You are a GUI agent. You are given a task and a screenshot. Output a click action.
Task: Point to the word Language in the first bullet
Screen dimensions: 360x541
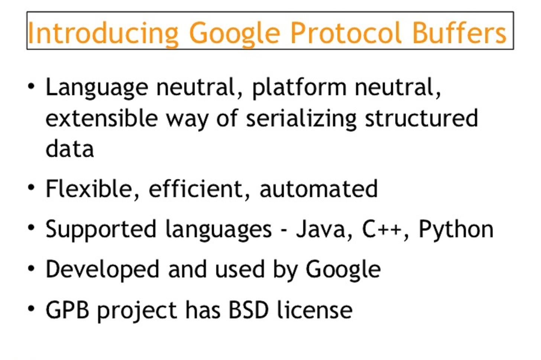pos(97,88)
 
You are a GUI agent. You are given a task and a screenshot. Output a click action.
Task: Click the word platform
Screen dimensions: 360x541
pos(299,88)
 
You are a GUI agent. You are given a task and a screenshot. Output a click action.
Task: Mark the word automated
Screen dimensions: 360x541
pos(318,189)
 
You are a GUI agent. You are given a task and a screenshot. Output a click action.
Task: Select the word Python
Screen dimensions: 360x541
pos(456,230)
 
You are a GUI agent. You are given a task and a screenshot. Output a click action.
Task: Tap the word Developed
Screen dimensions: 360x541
pos(102,270)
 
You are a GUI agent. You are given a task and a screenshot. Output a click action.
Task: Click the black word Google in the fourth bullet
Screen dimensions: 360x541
pos(343,270)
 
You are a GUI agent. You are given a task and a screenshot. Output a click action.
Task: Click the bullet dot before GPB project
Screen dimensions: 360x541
pos(32,309)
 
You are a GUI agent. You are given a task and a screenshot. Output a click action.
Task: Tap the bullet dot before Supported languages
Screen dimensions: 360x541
pos(32,228)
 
